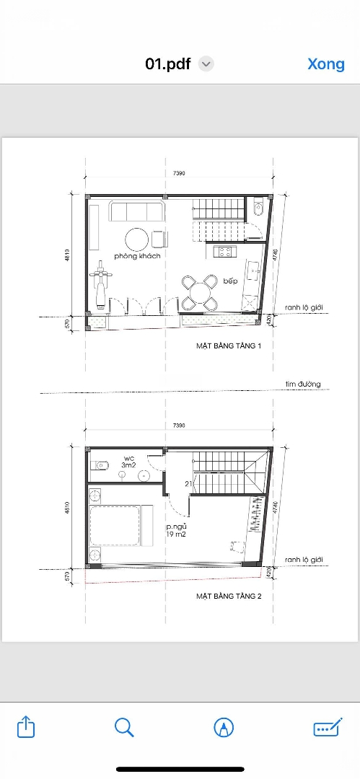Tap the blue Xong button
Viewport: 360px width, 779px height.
(x=325, y=64)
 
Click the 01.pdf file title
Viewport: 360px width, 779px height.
(x=167, y=64)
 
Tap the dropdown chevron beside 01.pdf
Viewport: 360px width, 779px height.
(x=206, y=64)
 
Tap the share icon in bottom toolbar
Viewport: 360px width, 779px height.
(x=27, y=727)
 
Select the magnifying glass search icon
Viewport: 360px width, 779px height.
(x=124, y=727)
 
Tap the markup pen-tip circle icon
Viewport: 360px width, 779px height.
(x=224, y=728)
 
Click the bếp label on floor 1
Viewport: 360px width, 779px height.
(x=231, y=281)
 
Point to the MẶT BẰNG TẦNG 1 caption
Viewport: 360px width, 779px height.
(x=229, y=346)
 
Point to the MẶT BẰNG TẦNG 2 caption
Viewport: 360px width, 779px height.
(x=229, y=596)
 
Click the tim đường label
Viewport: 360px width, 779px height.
(x=303, y=384)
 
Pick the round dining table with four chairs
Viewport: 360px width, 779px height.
(x=200, y=293)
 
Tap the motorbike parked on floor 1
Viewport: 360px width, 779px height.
(x=100, y=288)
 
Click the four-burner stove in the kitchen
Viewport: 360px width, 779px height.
(x=225, y=252)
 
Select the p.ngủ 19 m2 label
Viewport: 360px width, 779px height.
(x=177, y=530)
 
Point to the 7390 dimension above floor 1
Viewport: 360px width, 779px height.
(x=179, y=173)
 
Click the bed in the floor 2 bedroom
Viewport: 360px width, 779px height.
(x=120, y=526)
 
